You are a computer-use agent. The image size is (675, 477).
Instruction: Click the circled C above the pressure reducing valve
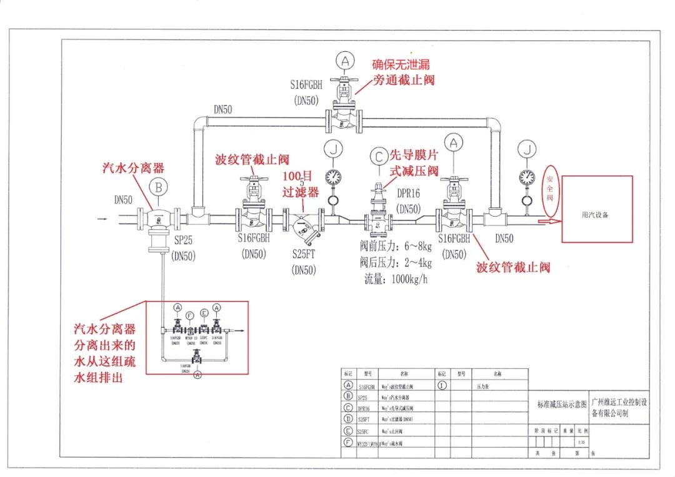pyautogui.click(x=378, y=155)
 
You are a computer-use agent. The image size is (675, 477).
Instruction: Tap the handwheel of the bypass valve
pyautogui.click(x=344, y=80)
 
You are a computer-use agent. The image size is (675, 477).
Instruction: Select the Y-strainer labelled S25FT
pyautogui.click(x=302, y=225)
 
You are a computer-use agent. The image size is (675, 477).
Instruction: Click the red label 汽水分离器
pyautogui.click(x=133, y=168)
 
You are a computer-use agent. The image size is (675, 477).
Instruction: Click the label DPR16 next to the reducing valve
pyautogui.click(x=409, y=194)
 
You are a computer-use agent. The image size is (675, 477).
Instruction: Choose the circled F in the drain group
pyautogui.click(x=190, y=316)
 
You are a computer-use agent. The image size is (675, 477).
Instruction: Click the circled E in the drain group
pyautogui.click(x=204, y=313)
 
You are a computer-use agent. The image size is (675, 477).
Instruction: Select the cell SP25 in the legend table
pyautogui.click(x=362, y=396)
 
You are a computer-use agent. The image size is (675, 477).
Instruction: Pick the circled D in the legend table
pyautogui.click(x=347, y=419)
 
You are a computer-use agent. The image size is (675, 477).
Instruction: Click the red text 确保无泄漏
pyautogui.click(x=401, y=64)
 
